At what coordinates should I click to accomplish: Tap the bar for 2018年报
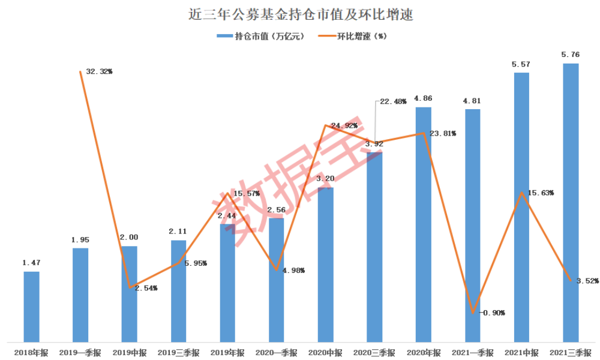pos(31,306)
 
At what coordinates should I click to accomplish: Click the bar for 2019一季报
pos(80,295)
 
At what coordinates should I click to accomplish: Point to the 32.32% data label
pos(100,71)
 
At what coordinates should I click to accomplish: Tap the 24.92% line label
pos(344,126)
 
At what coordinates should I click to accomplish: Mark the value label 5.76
pos(570,55)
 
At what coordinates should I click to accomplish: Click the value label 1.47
pos(31,263)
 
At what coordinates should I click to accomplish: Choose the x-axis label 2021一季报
pos(472,352)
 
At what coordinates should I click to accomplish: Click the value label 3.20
pos(325,179)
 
